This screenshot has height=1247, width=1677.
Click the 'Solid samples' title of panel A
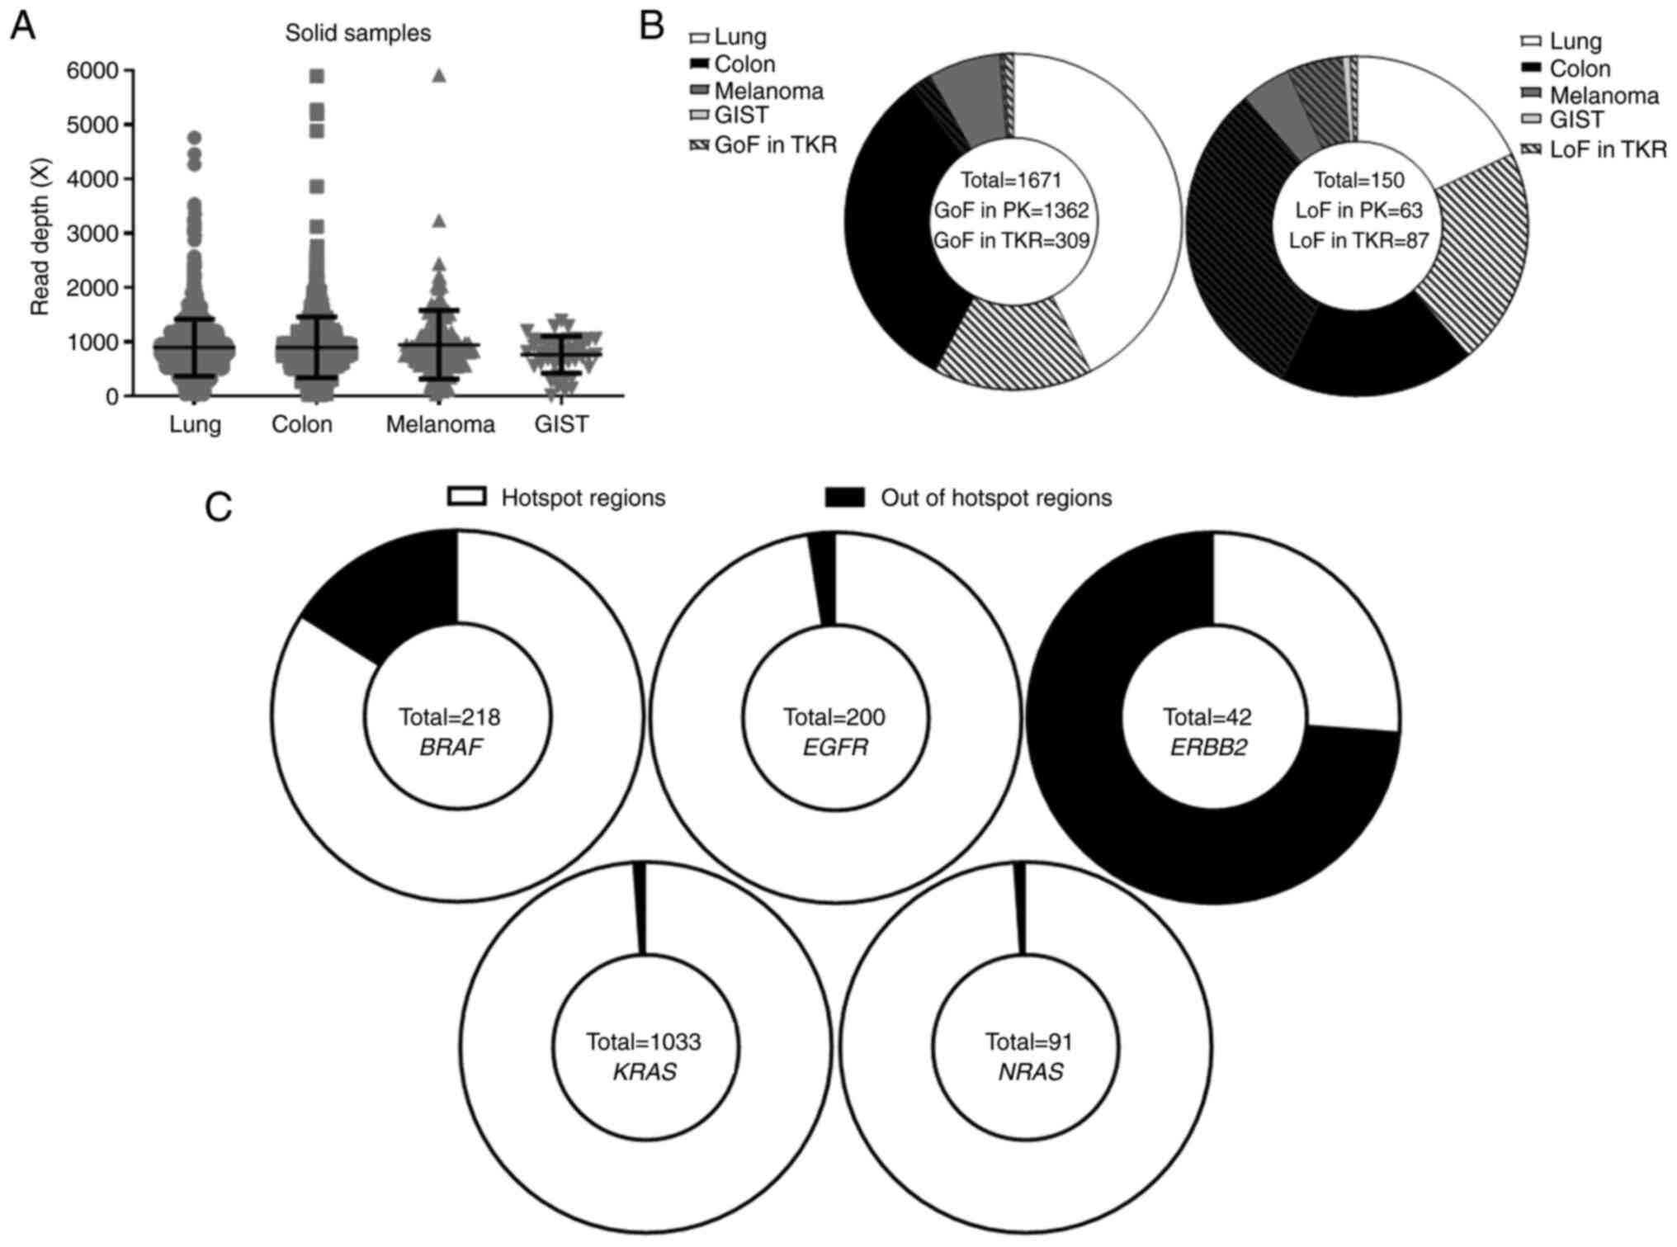click(x=357, y=33)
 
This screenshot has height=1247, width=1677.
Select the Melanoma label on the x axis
click(x=440, y=425)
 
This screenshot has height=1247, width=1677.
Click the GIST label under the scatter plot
click(x=561, y=425)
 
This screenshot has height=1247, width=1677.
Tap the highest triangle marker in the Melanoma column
click(x=439, y=76)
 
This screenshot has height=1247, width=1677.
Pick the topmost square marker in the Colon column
click(x=316, y=77)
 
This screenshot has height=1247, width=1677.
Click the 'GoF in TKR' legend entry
click(x=774, y=145)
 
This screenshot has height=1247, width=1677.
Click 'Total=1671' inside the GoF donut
click(x=1011, y=180)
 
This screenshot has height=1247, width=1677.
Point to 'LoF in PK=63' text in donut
click(x=1358, y=210)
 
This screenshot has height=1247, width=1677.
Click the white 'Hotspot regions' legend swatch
click(x=466, y=497)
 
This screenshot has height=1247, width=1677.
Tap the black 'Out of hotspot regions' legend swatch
click(x=845, y=497)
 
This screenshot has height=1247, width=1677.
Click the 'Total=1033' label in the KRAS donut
click(x=644, y=1042)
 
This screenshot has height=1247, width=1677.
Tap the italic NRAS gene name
click(x=1030, y=1072)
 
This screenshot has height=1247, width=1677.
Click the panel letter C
click(x=219, y=508)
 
